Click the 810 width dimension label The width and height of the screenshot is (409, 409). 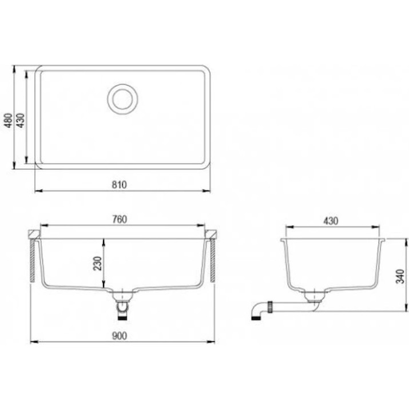[119, 185]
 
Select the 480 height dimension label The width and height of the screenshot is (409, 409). [9, 120]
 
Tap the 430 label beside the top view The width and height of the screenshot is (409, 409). [21, 120]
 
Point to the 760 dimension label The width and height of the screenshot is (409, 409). [120, 219]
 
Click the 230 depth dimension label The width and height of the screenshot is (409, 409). [98, 264]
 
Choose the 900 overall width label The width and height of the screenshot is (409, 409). [120, 336]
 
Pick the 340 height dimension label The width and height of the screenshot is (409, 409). [400, 276]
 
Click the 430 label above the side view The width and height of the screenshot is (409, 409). [331, 221]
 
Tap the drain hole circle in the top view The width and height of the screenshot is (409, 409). [122, 99]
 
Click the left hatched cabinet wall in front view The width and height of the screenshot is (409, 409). [33, 260]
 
